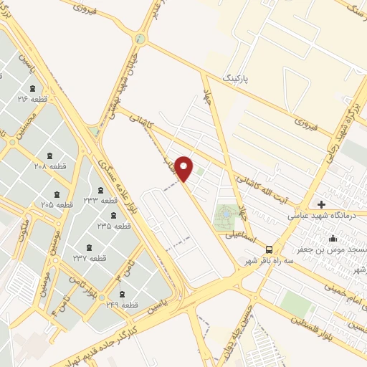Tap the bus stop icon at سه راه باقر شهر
269,249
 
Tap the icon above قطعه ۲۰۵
57,195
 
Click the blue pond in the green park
227,213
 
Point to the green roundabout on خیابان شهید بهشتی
140,38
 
